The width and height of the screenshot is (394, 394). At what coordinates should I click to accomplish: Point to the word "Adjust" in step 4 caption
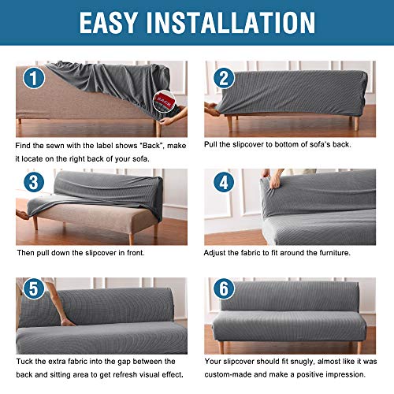click(218, 253)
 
